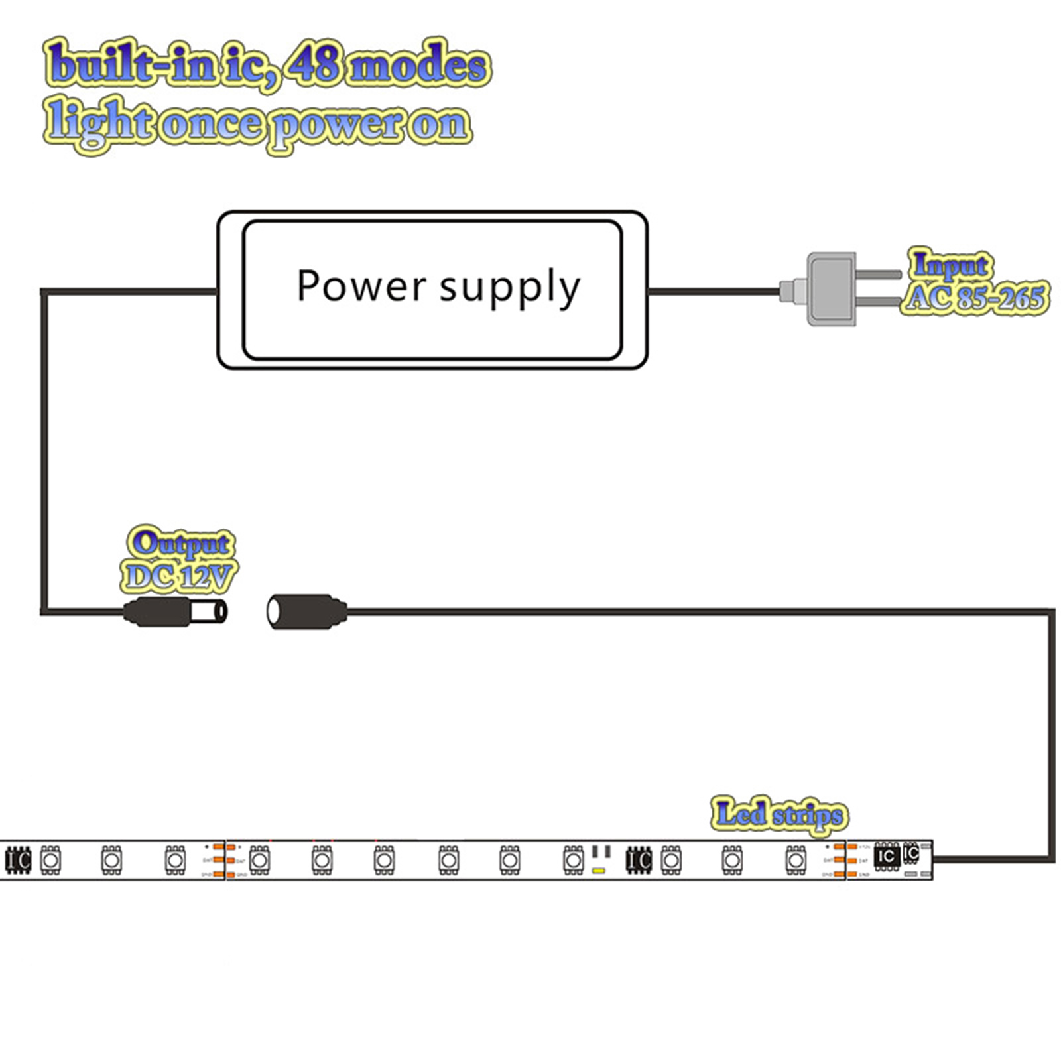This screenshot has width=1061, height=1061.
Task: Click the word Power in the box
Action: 361,286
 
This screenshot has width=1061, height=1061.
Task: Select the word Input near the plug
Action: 950,265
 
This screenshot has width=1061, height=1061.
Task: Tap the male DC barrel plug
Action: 176,611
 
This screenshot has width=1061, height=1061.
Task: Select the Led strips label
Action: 780,814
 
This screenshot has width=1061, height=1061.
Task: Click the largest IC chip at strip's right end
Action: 887,856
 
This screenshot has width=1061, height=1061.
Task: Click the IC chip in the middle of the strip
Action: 639,860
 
